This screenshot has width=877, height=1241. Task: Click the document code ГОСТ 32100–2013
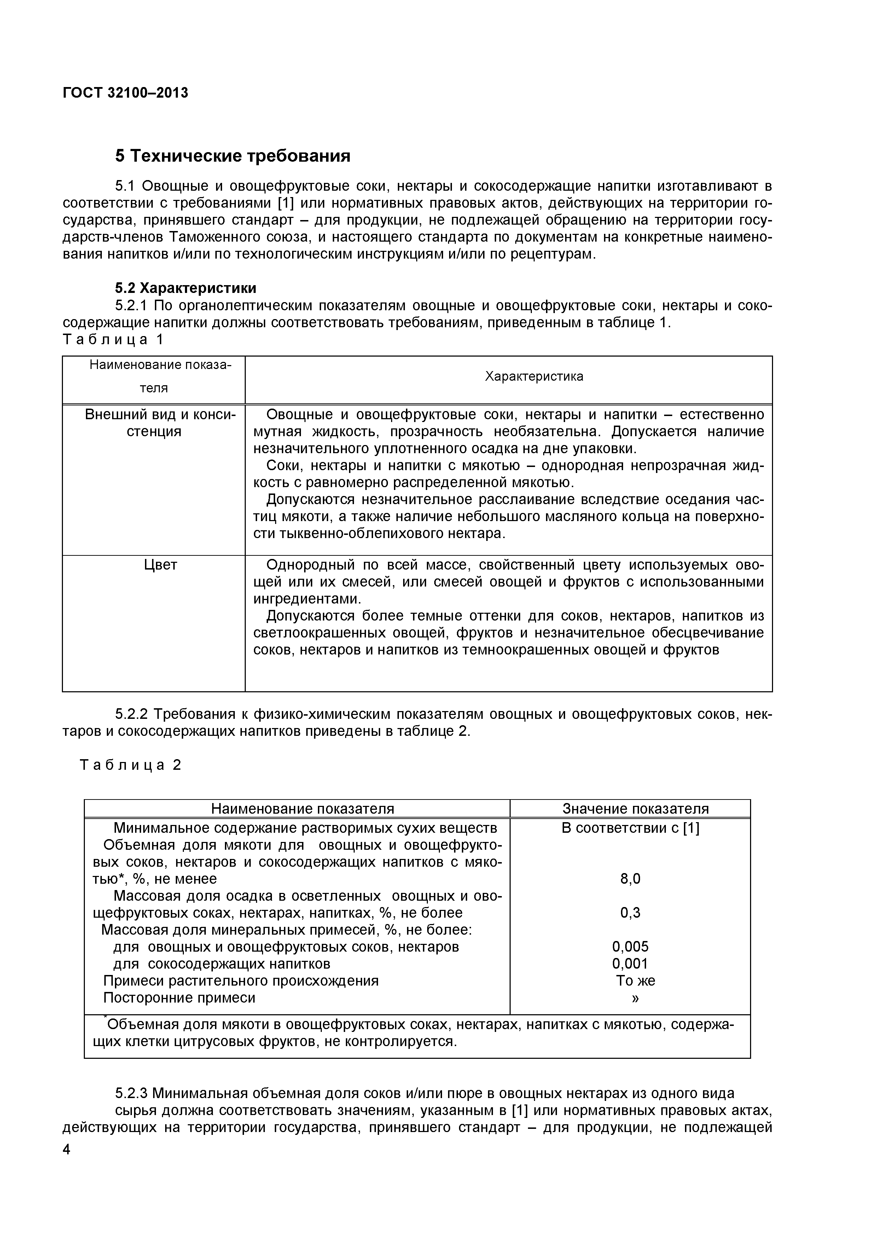pyautogui.click(x=126, y=93)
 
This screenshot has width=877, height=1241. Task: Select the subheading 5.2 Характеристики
pyautogui.click(x=186, y=288)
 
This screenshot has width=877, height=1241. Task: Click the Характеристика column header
pyautogui.click(x=534, y=376)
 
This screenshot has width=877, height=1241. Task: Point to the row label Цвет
pyautogui.click(x=161, y=565)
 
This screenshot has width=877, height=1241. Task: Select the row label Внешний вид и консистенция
pyautogui.click(x=161, y=423)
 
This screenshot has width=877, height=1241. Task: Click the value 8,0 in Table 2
pyautogui.click(x=630, y=879)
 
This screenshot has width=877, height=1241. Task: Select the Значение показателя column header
pyautogui.click(x=635, y=809)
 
